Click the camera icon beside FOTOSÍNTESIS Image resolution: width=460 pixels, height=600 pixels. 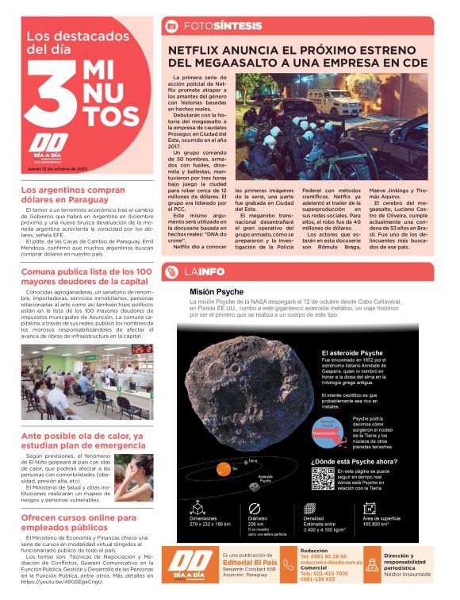[x=171, y=26]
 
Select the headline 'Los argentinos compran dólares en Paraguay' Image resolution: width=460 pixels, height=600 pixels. [x=75, y=195]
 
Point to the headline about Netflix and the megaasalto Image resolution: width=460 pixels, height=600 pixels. [x=297, y=56]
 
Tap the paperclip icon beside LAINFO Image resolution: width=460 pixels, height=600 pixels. [x=171, y=272]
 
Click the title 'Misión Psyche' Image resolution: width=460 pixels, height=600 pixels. [x=217, y=291]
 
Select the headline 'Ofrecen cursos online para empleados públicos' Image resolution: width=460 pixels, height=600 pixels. [x=71, y=522]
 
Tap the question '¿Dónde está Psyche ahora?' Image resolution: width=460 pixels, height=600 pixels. [x=355, y=461]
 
